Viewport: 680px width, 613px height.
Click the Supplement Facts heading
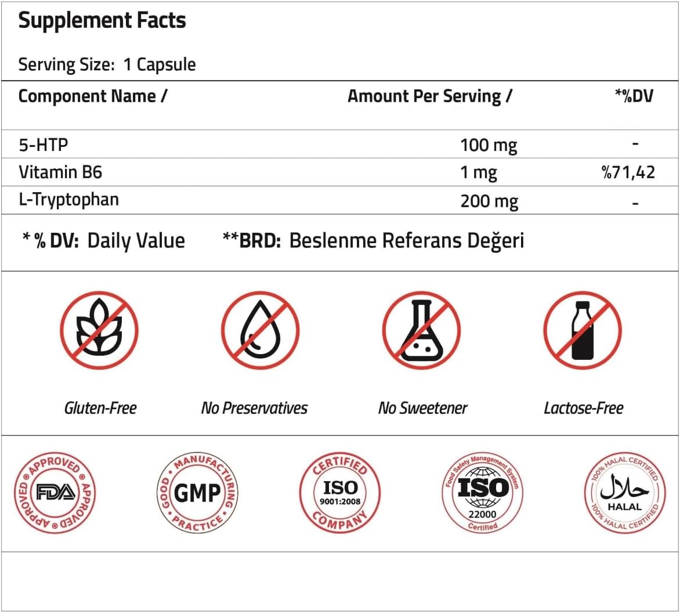tap(102, 21)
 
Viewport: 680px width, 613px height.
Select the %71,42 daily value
tap(628, 172)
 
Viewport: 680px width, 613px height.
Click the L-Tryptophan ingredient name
tap(68, 200)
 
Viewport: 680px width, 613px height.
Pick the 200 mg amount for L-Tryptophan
tap(489, 201)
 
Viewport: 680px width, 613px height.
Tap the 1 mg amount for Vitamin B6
tap(478, 172)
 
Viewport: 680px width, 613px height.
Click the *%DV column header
tap(634, 96)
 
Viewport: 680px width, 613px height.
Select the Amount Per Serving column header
tap(429, 96)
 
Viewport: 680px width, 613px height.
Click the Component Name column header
tap(93, 96)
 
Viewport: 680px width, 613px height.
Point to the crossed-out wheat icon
tap(99, 330)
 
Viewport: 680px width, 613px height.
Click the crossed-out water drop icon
tap(260, 330)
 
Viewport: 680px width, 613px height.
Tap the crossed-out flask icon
tap(421, 330)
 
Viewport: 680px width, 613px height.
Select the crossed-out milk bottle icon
tap(582, 330)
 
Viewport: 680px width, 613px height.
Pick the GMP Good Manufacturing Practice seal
tap(197, 493)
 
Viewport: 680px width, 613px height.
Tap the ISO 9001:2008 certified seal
tap(340, 493)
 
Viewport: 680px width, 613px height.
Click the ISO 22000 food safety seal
tap(483, 493)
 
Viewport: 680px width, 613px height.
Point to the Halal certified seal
tap(624, 493)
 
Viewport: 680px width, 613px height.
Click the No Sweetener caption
tap(422, 408)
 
